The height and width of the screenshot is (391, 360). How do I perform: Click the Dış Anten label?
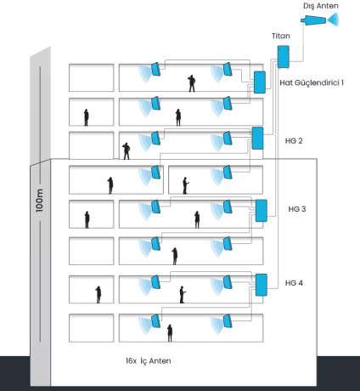(321, 6)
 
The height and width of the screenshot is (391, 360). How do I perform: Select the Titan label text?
(281, 36)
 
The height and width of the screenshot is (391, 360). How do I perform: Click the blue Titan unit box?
(284, 57)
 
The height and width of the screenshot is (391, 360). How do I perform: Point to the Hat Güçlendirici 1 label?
(312, 82)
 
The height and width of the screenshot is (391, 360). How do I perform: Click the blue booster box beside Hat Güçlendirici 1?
(260, 82)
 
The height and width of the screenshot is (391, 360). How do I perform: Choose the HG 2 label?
(294, 141)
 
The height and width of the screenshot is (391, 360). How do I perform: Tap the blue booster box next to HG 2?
(257, 138)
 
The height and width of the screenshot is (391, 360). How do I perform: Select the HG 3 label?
(297, 209)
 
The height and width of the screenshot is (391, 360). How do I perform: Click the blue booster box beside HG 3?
(262, 211)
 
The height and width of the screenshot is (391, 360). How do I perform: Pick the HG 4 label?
(294, 283)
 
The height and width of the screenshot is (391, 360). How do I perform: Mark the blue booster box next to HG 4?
(262, 285)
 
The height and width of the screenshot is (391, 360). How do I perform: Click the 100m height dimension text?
(39, 201)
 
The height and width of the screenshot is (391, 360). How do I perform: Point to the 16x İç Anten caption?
(149, 361)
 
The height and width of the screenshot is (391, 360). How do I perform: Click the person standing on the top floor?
(192, 83)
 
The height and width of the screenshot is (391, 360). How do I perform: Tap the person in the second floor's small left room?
(86, 117)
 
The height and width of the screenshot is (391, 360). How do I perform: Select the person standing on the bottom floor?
(170, 333)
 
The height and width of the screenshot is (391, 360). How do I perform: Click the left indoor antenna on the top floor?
(156, 70)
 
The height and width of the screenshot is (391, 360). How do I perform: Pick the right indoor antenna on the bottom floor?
(228, 321)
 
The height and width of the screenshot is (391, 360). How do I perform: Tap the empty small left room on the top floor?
(92, 77)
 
